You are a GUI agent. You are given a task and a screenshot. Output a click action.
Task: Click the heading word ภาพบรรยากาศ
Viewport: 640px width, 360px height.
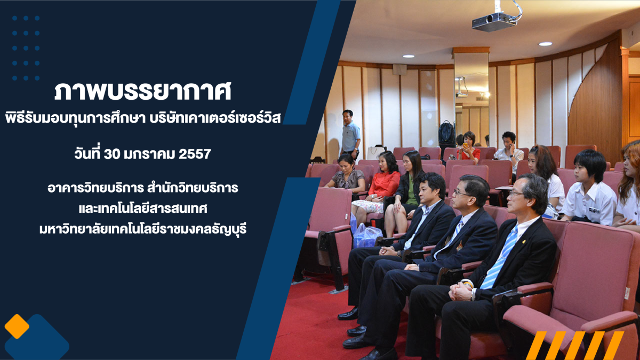pyautogui.click(x=142, y=92)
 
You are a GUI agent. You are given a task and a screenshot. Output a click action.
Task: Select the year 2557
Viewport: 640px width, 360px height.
pyautogui.click(x=195, y=154)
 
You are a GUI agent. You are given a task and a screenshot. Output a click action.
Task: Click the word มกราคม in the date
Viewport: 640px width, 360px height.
pyautogui.click(x=149, y=154)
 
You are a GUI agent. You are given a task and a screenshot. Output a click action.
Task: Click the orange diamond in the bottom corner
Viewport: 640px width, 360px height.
pyautogui.click(x=17, y=326)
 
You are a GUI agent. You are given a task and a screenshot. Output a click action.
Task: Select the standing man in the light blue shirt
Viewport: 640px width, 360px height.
pyautogui.click(x=350, y=134)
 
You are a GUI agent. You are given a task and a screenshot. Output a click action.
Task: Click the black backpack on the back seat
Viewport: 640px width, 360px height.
pyautogui.click(x=446, y=132)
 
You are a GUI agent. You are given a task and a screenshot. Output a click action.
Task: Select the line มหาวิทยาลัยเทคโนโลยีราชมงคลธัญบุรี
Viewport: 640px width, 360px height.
pyautogui.click(x=143, y=229)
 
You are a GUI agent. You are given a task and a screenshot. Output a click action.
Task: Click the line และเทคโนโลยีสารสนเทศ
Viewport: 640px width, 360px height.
pyautogui.click(x=143, y=209)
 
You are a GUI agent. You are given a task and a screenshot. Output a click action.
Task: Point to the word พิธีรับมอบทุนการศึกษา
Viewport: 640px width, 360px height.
pyautogui.click(x=75, y=118)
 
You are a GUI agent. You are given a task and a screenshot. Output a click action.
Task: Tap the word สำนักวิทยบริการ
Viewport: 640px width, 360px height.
pyautogui.click(x=193, y=188)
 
